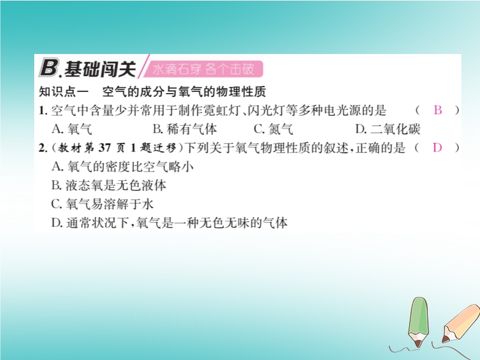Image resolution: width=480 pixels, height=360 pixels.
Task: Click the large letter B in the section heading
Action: point(49,68)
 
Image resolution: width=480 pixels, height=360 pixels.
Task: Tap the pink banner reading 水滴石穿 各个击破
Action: point(203,69)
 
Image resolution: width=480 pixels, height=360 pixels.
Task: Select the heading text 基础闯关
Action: point(100,69)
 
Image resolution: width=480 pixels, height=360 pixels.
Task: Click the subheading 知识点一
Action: point(64,92)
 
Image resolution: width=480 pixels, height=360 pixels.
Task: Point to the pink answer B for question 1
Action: point(438,110)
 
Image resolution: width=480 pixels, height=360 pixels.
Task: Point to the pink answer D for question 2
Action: point(437,148)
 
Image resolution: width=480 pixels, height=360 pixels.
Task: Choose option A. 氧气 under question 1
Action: point(71,129)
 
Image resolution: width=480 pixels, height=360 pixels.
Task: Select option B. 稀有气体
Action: point(185,129)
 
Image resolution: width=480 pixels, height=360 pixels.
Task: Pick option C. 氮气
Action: point(274,129)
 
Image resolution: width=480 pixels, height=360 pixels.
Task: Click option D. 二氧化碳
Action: point(388,129)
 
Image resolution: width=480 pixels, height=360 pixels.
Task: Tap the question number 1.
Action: point(43,110)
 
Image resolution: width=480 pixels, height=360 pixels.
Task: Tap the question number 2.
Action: point(43,148)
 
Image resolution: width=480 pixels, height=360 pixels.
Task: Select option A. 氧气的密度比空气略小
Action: point(122,167)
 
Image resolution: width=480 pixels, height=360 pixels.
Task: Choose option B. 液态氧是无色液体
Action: point(109,185)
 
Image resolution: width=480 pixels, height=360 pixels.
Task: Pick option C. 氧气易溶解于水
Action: point(102,204)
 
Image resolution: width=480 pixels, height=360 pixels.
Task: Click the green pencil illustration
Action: point(418,322)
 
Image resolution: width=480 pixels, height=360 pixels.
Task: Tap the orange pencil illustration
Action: point(460,324)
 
